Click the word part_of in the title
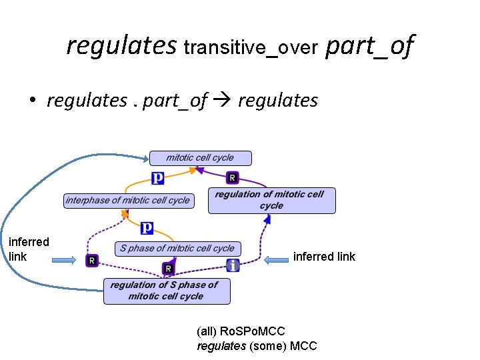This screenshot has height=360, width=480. point(369,47)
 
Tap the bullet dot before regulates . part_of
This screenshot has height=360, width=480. point(31,101)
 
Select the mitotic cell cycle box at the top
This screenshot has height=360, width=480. point(200,158)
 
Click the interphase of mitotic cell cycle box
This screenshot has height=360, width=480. point(127,200)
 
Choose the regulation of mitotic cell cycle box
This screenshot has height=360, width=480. point(271,200)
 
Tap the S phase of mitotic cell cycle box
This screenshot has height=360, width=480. point(177,248)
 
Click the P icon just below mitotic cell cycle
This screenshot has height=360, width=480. point(158,178)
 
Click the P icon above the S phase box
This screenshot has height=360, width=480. point(147,228)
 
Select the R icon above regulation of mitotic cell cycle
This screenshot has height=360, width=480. point(231,178)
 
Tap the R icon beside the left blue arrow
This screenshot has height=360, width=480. point(92,260)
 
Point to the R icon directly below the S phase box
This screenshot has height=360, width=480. point(169,268)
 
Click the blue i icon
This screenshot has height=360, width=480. point(232,265)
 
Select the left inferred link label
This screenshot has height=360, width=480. point(29,249)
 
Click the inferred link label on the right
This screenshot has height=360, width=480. point(324,257)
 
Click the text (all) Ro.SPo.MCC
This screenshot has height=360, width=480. point(241,331)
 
